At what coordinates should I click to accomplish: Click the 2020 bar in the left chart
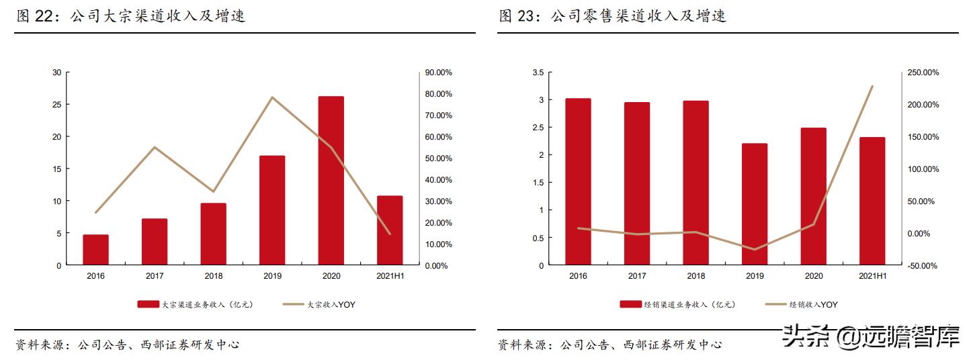click(331, 181)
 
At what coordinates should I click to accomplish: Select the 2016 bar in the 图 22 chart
click(95, 250)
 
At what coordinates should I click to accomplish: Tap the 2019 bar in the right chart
click(755, 204)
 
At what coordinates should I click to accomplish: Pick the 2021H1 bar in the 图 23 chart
click(872, 201)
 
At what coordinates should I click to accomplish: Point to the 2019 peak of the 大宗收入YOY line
click(272, 97)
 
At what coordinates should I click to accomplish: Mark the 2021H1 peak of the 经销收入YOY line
click(872, 86)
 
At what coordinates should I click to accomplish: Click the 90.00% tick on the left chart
click(438, 73)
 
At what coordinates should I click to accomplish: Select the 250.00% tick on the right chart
click(923, 73)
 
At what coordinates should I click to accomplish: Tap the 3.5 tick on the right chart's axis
click(537, 73)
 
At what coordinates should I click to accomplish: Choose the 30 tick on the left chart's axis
click(56, 73)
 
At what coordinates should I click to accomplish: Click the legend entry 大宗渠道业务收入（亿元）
click(195, 304)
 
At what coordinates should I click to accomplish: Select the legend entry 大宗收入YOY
click(319, 304)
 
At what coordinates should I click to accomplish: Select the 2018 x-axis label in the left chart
click(213, 275)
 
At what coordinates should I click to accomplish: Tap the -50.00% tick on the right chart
click(923, 266)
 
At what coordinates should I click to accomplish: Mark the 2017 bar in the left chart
click(155, 242)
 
